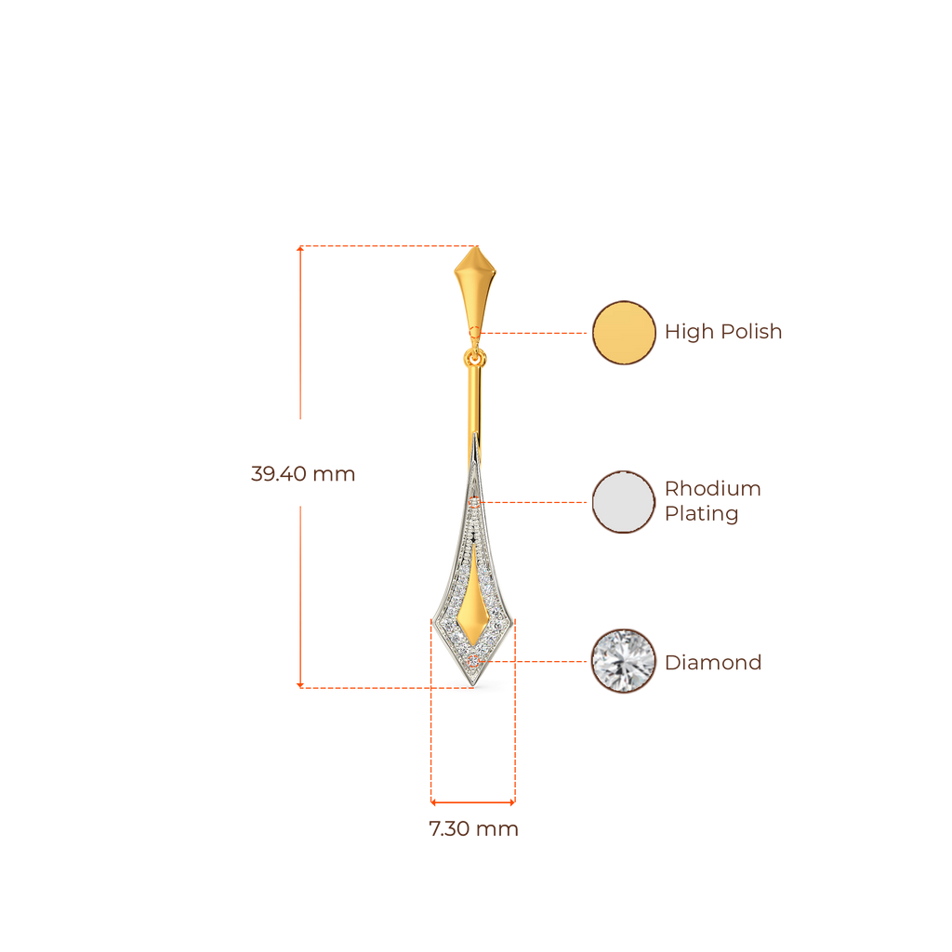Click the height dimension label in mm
pos(303,474)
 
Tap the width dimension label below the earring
pos(474,829)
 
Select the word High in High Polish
pos(689,332)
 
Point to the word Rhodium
pos(712,489)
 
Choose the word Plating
pos(701,514)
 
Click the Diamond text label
pos(713,663)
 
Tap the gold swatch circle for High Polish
pos(624,332)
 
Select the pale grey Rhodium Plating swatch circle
pos(624,502)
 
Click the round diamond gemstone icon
pos(624,661)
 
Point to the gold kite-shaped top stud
pos(475,284)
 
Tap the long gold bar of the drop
pos(475,409)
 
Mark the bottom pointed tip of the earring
pos(475,686)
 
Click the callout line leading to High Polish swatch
pos(535,332)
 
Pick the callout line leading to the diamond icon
pos(539,661)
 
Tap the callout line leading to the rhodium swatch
pos(535,502)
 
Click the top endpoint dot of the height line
pos(299,247)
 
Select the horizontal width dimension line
pos(473,800)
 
